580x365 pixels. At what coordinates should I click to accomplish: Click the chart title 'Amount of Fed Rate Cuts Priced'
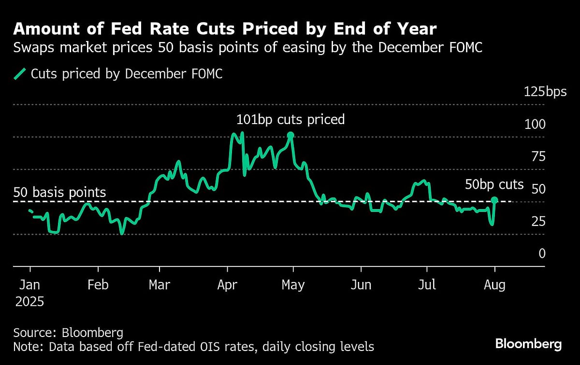tap(225, 29)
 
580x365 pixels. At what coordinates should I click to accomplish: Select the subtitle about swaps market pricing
tap(247, 48)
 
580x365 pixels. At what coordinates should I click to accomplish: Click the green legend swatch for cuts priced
tap(20, 74)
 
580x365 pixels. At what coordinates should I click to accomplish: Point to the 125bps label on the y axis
tap(545, 92)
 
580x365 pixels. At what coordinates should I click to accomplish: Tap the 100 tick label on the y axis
tap(535, 124)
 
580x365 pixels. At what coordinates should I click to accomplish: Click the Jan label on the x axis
tap(29, 285)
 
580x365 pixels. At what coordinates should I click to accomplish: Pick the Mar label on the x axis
tap(159, 285)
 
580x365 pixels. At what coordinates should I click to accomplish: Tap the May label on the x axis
tap(293, 285)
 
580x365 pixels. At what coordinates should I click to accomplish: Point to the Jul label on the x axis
tap(426, 285)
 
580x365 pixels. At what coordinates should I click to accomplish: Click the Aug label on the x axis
tap(494, 285)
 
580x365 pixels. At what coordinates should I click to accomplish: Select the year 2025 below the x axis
tap(29, 302)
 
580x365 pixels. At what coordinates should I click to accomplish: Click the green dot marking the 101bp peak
tap(290, 135)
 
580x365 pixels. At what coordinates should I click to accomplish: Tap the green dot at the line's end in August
tap(494, 200)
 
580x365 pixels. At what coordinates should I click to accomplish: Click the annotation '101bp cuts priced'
tap(290, 119)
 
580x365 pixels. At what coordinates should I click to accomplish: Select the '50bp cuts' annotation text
tap(494, 184)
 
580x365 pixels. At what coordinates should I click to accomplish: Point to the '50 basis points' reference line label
tap(59, 192)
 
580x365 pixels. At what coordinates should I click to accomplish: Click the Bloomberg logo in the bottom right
tap(528, 344)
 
